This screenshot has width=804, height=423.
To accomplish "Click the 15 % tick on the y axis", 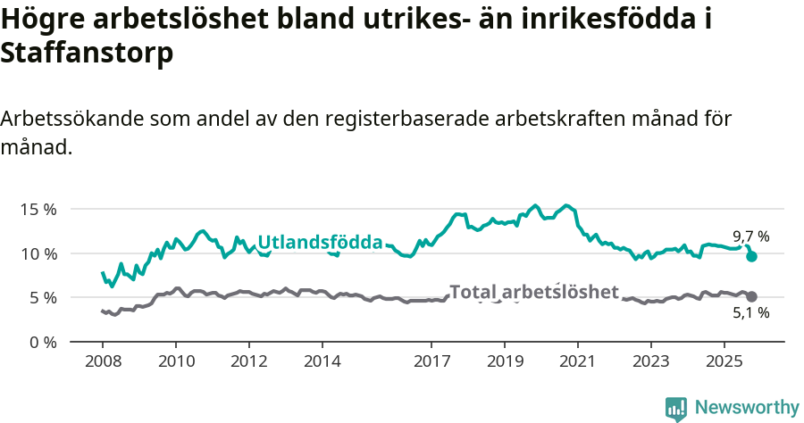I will click(38, 209).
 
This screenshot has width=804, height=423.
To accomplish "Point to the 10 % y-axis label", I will click(38, 253).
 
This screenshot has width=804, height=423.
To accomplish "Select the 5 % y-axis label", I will click(42, 297).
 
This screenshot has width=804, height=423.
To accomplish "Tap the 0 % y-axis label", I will click(42, 342).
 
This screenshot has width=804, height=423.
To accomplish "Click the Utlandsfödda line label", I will click(320, 242).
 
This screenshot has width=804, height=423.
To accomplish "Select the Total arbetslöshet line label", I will click(533, 292).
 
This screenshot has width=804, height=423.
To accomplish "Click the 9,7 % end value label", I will click(750, 236).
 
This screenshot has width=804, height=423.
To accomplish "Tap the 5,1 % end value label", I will click(750, 312).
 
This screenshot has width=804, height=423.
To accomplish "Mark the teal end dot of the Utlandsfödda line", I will click(752, 256).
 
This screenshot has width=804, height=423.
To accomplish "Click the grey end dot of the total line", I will click(752, 296).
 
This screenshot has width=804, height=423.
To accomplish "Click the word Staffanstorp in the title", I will click(87, 53).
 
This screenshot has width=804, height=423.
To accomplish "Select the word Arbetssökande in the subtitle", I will click(72, 119).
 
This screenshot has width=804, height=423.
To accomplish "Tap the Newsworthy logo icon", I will click(676, 408).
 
